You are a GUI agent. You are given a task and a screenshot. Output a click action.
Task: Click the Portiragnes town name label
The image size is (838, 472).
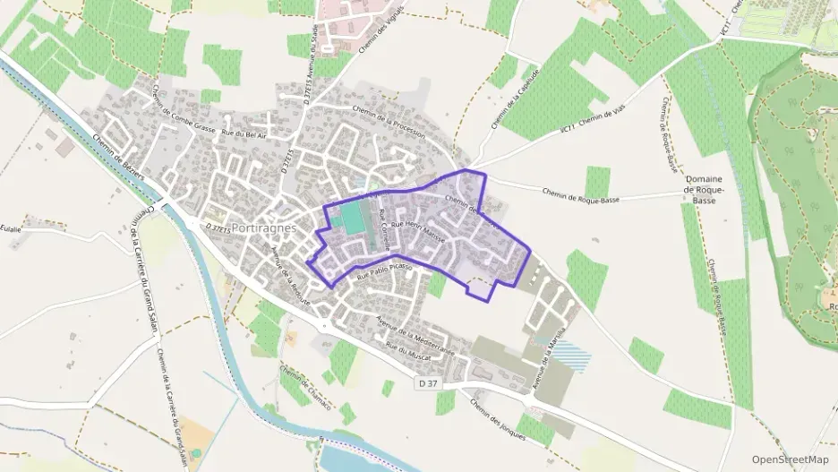[263, 228]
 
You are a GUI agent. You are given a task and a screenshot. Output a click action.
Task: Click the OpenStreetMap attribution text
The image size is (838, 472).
[791, 459]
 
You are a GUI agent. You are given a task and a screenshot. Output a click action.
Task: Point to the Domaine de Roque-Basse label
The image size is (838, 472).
[704, 190]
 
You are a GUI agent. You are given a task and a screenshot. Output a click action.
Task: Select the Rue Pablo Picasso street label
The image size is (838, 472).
[384, 272]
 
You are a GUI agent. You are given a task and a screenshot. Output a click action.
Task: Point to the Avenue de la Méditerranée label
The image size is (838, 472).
[415, 338]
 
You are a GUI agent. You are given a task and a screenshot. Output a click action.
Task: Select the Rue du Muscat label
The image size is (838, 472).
[408, 350]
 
